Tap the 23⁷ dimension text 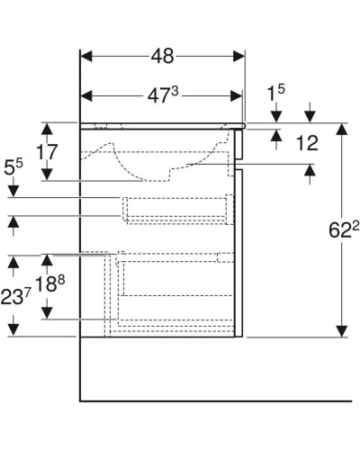pos(14,294)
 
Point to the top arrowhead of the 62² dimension pos(342,129)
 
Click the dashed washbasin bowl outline pos(153,162)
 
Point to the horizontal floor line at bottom pos(216,400)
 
